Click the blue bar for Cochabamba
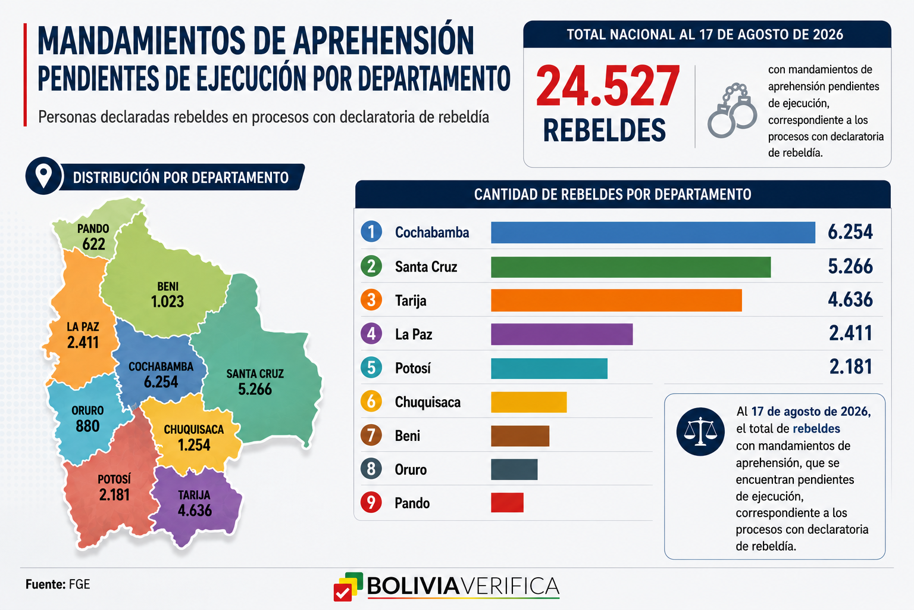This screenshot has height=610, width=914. coord(653,232)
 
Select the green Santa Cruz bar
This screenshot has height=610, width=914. coord(631,267)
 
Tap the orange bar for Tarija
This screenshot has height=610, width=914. coord(616,300)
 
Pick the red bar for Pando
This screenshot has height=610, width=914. coord(507,503)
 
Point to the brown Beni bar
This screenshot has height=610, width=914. coord(520,436)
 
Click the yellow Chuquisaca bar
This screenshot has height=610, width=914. coord(529,402)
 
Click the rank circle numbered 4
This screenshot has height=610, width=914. coord(371,334)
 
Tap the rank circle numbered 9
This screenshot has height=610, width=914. coord(371,503)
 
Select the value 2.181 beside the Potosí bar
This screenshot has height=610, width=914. coord(851,366)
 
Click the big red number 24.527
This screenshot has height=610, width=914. coord(608,86)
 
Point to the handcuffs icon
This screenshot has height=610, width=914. coord(732,110)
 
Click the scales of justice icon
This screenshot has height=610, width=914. coord(700,431)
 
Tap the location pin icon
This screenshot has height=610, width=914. coord(43,176)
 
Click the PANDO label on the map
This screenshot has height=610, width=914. coord(93,229)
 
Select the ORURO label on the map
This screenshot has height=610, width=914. coord(87,410)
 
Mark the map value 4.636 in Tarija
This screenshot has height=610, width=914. coord(195,511)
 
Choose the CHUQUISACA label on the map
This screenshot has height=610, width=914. coord(194,430)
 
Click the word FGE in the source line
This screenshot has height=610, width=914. coord(79,584)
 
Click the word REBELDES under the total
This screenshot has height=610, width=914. coord(605,130)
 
